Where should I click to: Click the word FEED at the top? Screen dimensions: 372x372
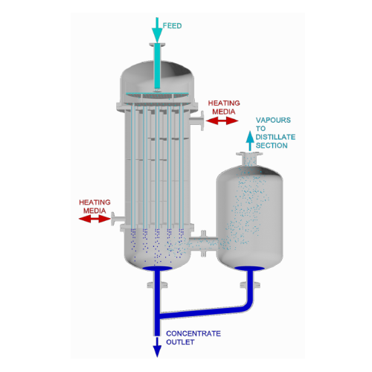pos(172,26)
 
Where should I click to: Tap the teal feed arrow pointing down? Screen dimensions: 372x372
pos(157,31)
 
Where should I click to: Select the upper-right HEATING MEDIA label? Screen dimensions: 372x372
pos(224,107)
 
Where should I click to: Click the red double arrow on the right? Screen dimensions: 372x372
pos(222,121)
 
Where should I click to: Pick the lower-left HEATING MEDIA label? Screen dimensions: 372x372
pos(94,206)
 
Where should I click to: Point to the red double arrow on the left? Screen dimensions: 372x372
pos(94,219)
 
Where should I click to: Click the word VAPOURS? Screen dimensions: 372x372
pos(273,121)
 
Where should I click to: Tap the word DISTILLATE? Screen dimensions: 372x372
pos(275,137)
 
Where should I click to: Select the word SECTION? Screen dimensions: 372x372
pos(272,145)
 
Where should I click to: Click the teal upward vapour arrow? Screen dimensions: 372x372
pos(250,141)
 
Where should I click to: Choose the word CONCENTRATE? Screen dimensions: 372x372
pos(193,333)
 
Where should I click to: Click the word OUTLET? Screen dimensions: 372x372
pos(180,342)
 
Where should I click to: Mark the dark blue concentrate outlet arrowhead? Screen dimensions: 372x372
pos(157,351)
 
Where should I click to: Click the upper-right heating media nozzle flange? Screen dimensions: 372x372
pos(202,121)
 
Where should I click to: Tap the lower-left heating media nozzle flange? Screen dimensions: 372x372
pos(113,219)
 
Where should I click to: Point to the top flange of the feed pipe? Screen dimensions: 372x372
pos(157,45)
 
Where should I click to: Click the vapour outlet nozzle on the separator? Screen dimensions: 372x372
pos(249,158)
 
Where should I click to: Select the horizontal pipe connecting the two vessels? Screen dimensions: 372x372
pos(203,243)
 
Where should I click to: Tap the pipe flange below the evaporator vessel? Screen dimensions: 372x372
pos(157,285)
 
